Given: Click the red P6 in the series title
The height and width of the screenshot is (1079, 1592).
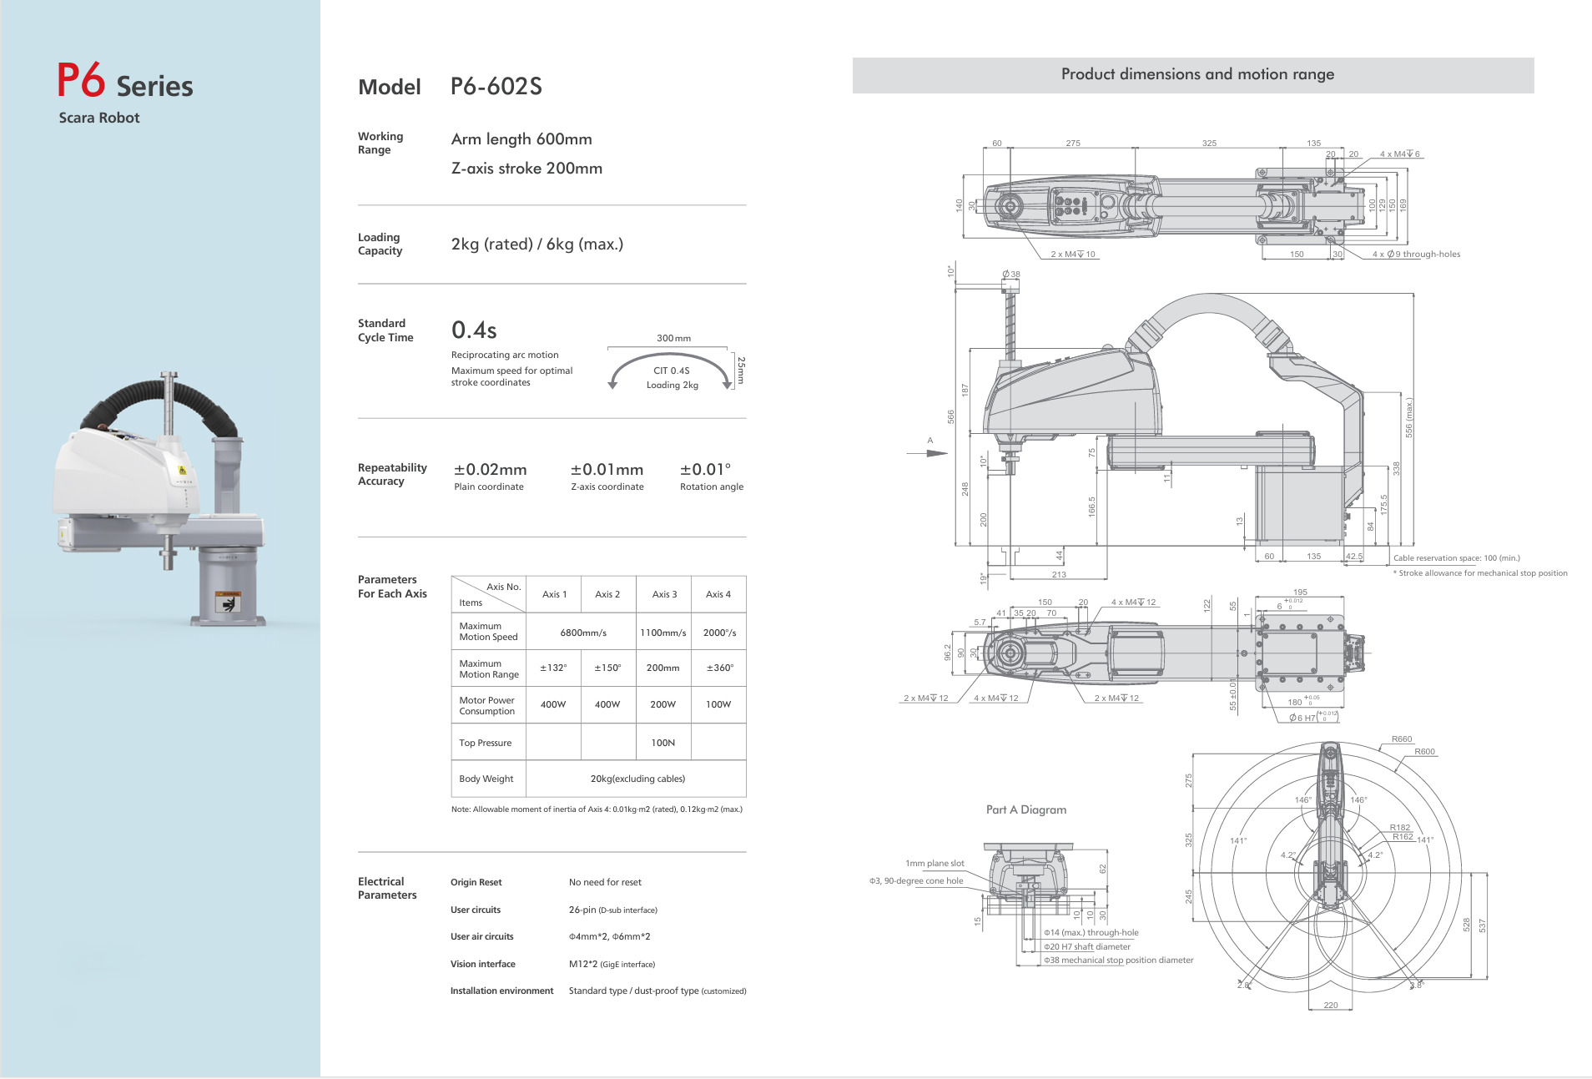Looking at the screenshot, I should pyautogui.click(x=81, y=81).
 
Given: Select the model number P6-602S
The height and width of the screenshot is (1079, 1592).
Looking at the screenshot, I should pyautogui.click(x=496, y=87).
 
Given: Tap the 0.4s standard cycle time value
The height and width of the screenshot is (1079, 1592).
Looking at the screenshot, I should pyautogui.click(x=474, y=330).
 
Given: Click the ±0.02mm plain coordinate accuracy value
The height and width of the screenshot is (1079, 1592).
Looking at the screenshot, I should pyautogui.click(x=490, y=470).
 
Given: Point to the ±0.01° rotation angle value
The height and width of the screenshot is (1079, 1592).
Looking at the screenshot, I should pyautogui.click(x=705, y=470).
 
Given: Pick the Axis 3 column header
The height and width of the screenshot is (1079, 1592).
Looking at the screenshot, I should pyautogui.click(x=664, y=594).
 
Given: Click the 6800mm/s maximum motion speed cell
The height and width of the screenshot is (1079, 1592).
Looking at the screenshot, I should pyautogui.click(x=583, y=633).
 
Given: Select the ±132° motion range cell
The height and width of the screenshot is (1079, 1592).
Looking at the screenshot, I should pyautogui.click(x=553, y=668).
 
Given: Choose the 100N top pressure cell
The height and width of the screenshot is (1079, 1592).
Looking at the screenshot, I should pyautogui.click(x=663, y=743).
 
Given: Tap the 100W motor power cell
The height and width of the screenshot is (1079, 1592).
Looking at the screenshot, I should pyautogui.click(x=718, y=704).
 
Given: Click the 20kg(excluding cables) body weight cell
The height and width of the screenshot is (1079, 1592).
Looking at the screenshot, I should pyautogui.click(x=637, y=779).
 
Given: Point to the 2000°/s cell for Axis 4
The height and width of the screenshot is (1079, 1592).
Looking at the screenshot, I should pyautogui.click(x=719, y=633).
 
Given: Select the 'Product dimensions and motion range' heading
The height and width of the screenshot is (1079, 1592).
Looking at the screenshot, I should pyautogui.click(x=1197, y=74).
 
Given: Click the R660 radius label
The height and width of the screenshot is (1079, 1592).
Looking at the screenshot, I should pyautogui.click(x=1402, y=739).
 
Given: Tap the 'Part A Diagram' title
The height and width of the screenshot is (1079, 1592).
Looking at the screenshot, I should pyautogui.click(x=1026, y=809).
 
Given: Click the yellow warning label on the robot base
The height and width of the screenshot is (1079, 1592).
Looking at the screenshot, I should pyautogui.click(x=227, y=601).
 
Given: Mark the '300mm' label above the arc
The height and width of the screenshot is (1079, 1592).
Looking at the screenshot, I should pyautogui.click(x=673, y=338).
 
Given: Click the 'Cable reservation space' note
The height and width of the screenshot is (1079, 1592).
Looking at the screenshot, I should pyautogui.click(x=1456, y=557).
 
